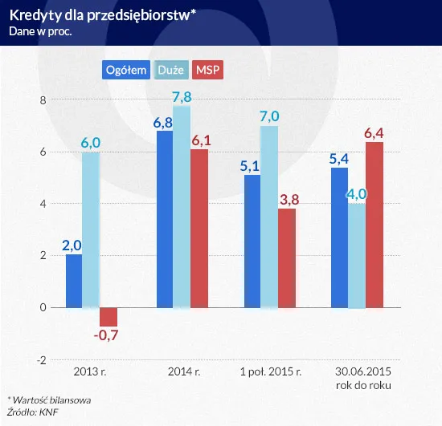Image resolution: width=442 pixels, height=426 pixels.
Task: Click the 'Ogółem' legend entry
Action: [125, 70]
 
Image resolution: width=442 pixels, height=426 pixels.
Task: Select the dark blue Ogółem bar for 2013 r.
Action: [74, 281]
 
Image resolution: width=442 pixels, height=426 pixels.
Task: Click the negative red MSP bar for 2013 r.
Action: [108, 316]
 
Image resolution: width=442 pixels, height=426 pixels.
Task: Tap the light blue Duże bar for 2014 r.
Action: [182, 207]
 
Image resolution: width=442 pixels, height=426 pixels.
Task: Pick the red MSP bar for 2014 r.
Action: [198, 229]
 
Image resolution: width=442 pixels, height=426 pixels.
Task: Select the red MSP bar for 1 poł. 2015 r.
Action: [287, 258]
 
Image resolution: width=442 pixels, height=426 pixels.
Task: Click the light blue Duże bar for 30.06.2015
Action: [357, 255]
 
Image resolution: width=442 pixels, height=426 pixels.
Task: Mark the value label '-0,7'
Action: [108, 336]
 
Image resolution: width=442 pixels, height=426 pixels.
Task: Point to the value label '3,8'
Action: [289, 199]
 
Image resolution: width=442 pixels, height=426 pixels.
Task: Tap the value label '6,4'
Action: [375, 132]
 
